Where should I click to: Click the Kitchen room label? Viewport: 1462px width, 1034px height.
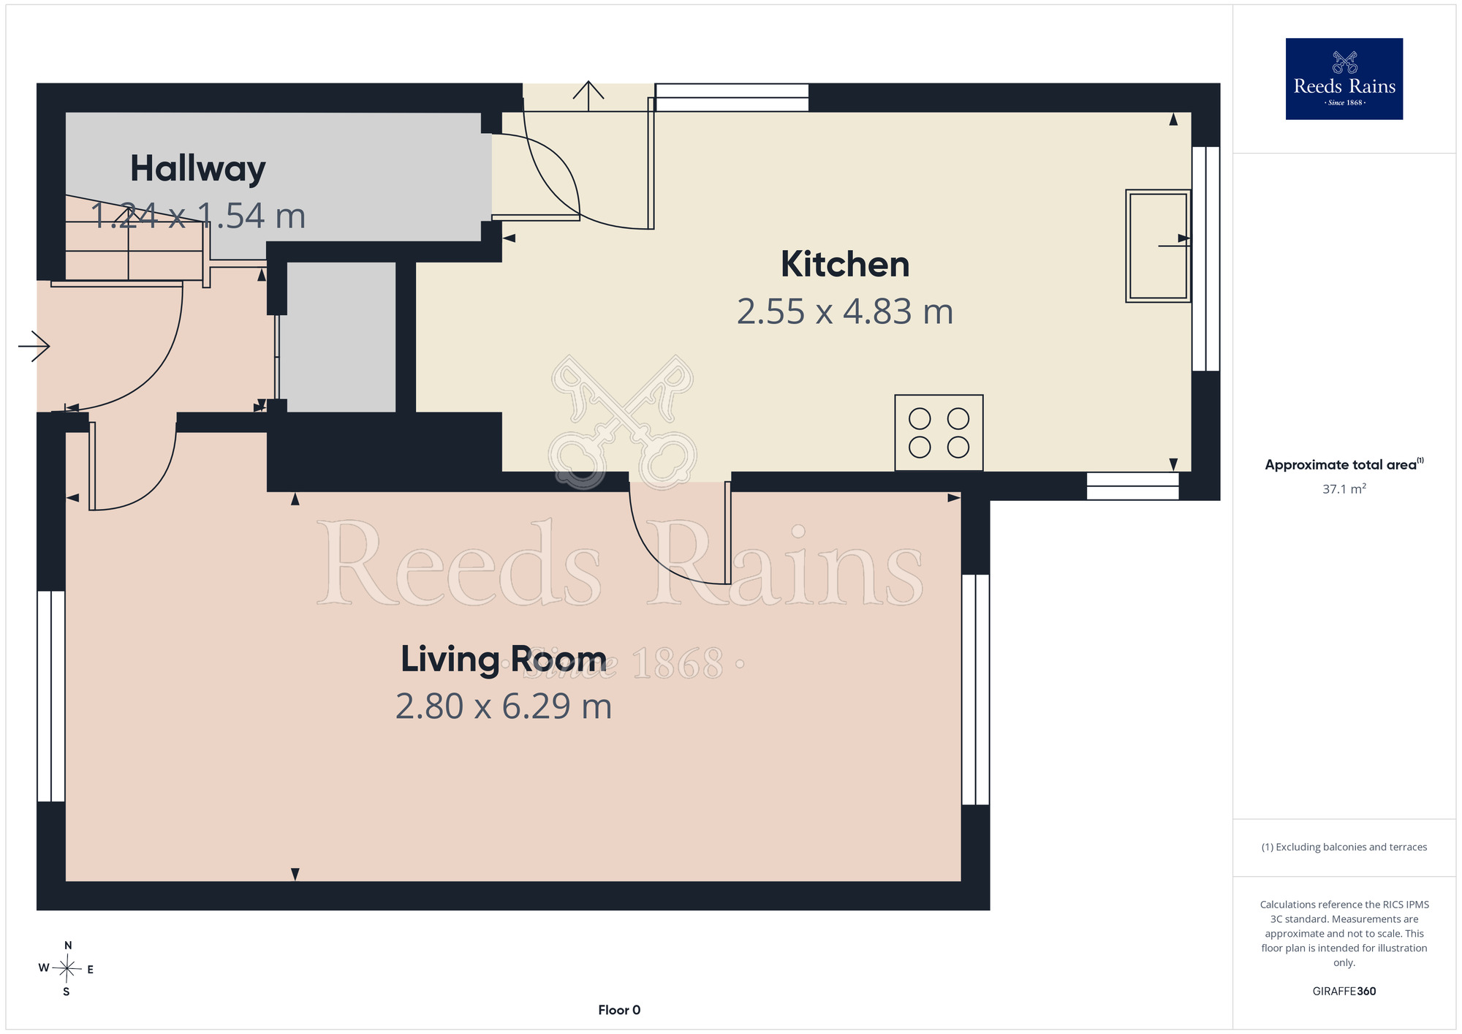[x=845, y=264]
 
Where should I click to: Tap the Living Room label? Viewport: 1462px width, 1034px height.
[x=504, y=659]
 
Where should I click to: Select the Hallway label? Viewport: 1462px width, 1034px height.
[x=198, y=169]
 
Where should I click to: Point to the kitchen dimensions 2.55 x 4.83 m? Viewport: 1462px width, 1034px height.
[x=845, y=312]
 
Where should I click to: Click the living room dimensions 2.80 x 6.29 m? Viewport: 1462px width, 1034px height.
[x=504, y=706]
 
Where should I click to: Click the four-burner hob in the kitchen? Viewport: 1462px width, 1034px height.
[x=939, y=433]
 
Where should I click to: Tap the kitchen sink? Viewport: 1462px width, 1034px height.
[x=1159, y=246]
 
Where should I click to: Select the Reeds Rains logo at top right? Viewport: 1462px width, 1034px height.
[x=1344, y=79]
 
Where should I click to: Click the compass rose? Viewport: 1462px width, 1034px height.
[x=67, y=969]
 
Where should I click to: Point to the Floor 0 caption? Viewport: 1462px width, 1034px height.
[x=619, y=1010]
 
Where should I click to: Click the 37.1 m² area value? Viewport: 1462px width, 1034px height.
[x=1344, y=488]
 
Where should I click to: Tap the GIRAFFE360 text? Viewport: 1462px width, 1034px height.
[x=1344, y=992]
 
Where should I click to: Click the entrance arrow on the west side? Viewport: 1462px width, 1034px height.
[x=34, y=346]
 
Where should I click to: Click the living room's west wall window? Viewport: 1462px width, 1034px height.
[x=51, y=696]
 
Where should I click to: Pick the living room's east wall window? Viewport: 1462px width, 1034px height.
[x=976, y=690]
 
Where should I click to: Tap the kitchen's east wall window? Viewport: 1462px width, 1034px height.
[x=1206, y=259]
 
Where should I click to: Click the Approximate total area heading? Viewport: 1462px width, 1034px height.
[x=1344, y=464]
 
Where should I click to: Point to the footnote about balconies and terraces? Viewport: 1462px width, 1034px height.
[x=1344, y=847]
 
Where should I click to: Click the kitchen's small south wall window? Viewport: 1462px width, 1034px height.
[x=1132, y=486]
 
